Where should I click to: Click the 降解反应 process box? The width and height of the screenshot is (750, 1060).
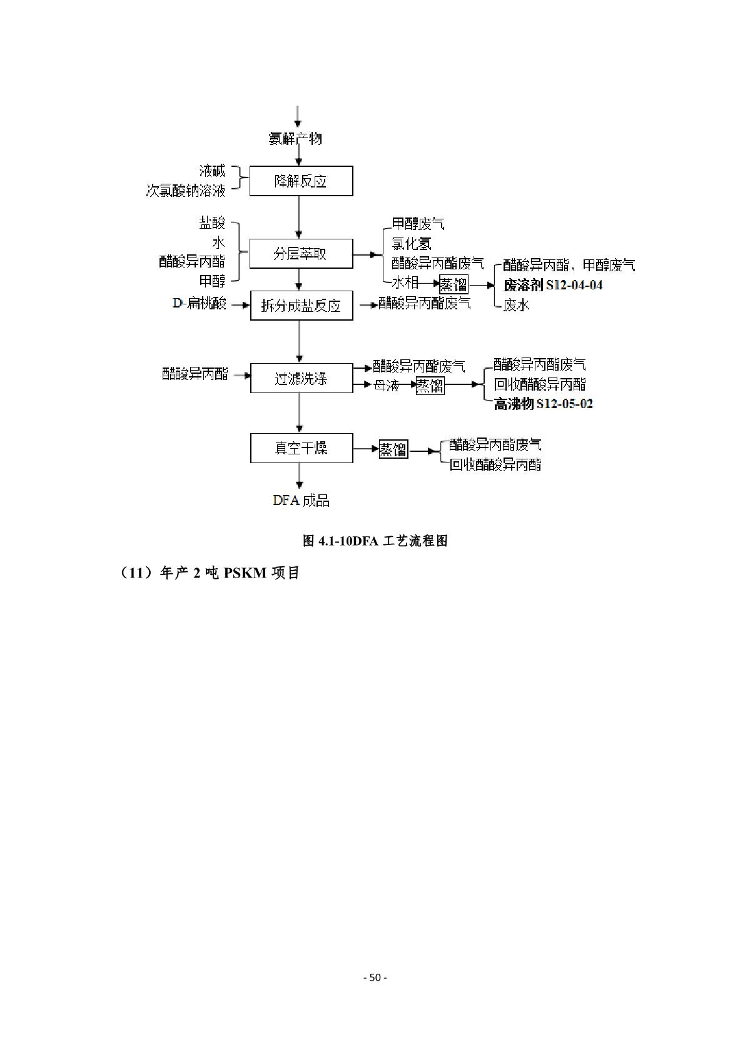301,181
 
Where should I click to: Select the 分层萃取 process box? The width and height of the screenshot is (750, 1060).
301,254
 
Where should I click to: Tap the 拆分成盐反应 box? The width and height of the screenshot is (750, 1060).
301,306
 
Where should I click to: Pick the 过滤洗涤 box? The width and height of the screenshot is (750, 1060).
301,378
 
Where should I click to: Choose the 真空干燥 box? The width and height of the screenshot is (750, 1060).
301,448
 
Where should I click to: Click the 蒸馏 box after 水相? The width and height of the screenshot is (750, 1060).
454,285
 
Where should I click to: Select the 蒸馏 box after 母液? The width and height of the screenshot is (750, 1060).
430,386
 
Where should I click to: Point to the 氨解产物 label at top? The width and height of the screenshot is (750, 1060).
295,138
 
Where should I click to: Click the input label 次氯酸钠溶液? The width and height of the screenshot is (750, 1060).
185,191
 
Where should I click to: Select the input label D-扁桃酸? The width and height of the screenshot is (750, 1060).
200,304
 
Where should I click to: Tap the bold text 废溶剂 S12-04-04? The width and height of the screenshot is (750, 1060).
553,285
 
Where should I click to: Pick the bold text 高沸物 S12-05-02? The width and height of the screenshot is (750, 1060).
543,404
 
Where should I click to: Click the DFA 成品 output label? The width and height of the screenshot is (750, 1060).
301,500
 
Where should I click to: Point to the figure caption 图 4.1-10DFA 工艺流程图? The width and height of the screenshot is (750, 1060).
375,541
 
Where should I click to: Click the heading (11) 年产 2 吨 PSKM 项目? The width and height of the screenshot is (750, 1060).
210,572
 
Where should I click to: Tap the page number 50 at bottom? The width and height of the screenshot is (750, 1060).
375,977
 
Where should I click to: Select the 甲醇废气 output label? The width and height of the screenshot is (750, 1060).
418,224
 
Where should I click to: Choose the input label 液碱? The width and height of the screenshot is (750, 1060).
212,171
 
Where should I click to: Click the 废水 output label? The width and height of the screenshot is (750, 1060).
516,305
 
